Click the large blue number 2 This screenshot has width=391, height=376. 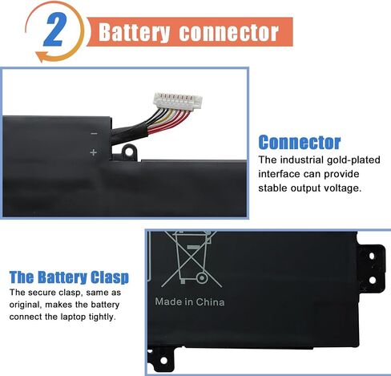coord(54,30)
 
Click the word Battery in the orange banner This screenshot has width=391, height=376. coord(134,33)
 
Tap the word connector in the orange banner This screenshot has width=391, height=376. coord(229,33)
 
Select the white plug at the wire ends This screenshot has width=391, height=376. coord(178,100)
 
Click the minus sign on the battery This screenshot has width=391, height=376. coord(94,133)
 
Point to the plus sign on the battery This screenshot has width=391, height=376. coord(93,152)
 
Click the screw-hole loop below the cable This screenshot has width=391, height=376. coord(129,152)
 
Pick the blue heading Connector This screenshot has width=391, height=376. coord(300,142)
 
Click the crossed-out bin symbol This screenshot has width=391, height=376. coord(191,259)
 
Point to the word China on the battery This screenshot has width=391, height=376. coord(210,302)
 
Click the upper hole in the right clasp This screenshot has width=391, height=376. coord(372,256)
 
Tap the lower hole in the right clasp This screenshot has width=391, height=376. coord(373,280)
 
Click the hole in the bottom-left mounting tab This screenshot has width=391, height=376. coord(163,361)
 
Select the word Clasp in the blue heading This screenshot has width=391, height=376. coord(110,277)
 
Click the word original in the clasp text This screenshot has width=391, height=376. coord(26,305)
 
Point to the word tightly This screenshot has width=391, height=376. coord(103,317)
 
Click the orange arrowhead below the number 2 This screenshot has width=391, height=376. coord(41,56)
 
